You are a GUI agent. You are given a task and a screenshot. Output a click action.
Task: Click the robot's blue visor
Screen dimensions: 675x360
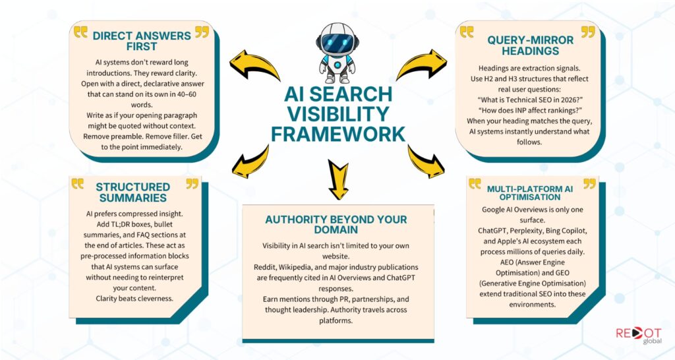click(x=337, y=43)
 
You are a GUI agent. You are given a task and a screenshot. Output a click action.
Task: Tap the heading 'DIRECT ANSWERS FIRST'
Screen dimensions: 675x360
click(x=142, y=41)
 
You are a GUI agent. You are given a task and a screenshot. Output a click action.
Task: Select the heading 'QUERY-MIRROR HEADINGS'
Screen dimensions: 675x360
click(x=531, y=45)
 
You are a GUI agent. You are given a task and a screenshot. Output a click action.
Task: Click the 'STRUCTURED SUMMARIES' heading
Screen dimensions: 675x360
click(x=132, y=192)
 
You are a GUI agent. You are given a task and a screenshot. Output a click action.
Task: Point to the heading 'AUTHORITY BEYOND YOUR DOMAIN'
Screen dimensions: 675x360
click(x=336, y=224)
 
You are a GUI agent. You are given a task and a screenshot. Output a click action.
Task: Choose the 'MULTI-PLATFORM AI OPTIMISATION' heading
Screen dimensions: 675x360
click(x=530, y=193)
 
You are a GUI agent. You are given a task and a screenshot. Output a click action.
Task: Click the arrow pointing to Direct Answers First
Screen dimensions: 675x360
click(x=254, y=65)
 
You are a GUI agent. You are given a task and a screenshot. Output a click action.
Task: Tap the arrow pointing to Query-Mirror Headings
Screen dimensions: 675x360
click(x=422, y=65)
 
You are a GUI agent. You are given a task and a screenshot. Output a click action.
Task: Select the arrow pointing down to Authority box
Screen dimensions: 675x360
click(x=339, y=179)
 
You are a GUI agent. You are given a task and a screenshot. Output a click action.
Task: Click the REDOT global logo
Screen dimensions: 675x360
click(x=638, y=336)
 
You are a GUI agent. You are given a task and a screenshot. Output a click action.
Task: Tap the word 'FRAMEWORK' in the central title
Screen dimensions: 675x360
click(x=338, y=134)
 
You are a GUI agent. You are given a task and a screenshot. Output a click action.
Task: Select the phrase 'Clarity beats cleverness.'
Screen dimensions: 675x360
click(x=134, y=298)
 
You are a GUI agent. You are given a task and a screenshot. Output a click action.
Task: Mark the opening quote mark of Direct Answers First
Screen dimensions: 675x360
click(x=80, y=32)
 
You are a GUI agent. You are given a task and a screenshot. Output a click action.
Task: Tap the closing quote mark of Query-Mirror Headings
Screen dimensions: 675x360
click(x=588, y=32)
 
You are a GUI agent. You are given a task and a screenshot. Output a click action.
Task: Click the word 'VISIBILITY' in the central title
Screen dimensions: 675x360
click(x=338, y=114)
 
